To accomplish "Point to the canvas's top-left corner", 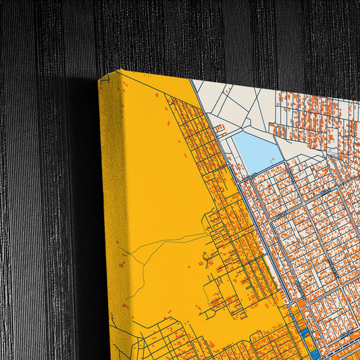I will coord(99,80).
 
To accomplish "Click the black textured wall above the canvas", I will coord(203,34).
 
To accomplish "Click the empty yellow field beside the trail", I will coord(162,189).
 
